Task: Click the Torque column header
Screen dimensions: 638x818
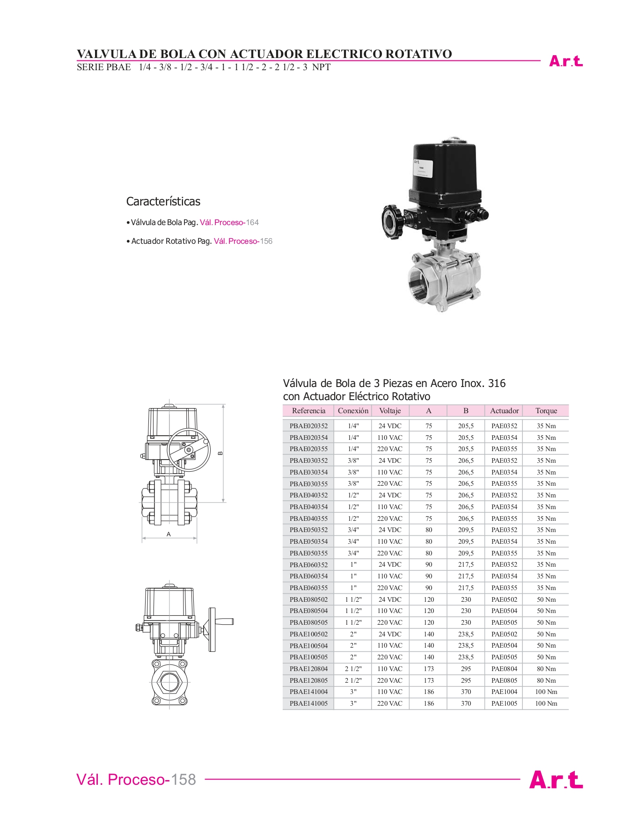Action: pyautogui.click(x=546, y=410)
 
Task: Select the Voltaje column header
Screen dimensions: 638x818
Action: pyautogui.click(x=390, y=410)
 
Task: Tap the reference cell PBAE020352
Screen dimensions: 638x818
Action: pyautogui.click(x=308, y=426)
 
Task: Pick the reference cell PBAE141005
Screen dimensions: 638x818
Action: pyautogui.click(x=308, y=703)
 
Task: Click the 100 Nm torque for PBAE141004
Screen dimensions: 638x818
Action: pyautogui.click(x=546, y=692)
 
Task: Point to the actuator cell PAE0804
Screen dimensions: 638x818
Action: pyautogui.click(x=504, y=669)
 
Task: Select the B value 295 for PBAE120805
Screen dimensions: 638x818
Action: pyautogui.click(x=466, y=680)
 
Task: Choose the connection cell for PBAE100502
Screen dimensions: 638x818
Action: pyautogui.click(x=353, y=634)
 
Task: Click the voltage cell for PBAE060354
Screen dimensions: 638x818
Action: pyautogui.click(x=390, y=576)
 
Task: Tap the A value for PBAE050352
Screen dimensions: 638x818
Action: pyautogui.click(x=429, y=530)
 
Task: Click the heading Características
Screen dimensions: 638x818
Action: pyautogui.click(x=163, y=202)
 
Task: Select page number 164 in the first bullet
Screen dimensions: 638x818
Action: pyautogui.click(x=252, y=222)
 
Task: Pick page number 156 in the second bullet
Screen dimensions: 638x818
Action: pyautogui.click(x=266, y=241)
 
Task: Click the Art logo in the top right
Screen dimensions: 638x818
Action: pyautogui.click(x=566, y=61)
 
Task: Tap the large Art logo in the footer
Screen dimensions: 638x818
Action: pyautogui.click(x=556, y=780)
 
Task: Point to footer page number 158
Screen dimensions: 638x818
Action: pyautogui.click(x=183, y=780)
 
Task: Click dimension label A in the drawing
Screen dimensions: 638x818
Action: pyautogui.click(x=169, y=534)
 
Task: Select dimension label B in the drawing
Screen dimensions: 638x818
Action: pyautogui.click(x=220, y=453)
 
